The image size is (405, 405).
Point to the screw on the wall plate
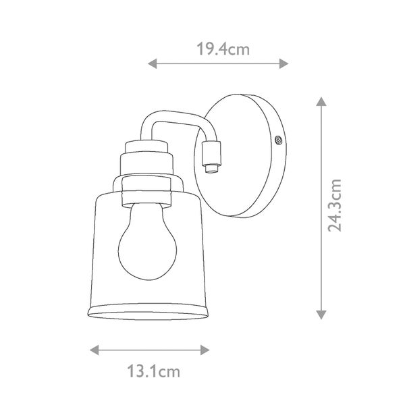277,140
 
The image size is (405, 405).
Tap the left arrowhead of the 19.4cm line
152,64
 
